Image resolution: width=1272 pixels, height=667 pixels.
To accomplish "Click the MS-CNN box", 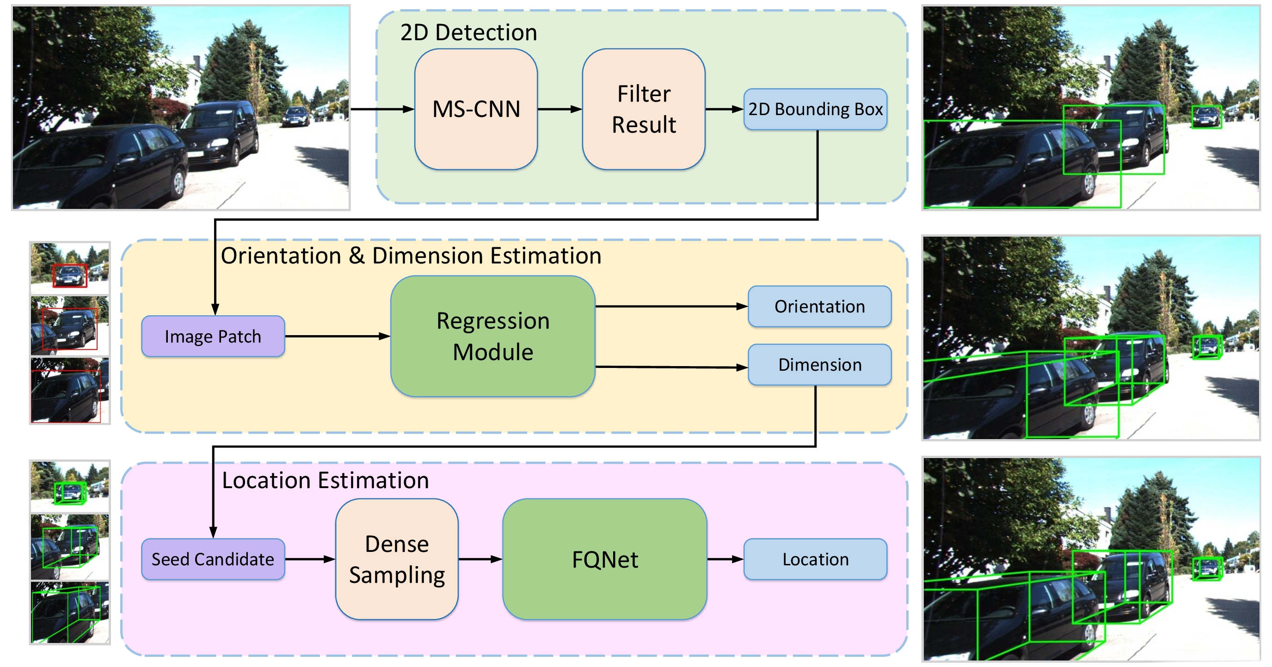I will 476,109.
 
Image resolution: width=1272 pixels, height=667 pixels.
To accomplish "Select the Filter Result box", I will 644,109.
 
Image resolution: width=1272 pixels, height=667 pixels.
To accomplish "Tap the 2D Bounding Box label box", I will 815,109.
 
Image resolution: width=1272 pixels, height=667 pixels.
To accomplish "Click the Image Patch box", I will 213,336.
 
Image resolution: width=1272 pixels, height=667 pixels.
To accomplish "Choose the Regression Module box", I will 493,336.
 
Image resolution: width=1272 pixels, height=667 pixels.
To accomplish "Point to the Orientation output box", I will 820,306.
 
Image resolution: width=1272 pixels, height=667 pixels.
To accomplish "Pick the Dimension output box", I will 820,365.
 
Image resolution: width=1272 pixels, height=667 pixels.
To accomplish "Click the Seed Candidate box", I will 213,559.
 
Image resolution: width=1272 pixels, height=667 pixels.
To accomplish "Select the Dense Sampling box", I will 397,559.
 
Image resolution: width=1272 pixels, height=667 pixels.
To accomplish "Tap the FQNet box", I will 605,559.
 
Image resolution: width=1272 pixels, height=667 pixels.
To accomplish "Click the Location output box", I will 815,559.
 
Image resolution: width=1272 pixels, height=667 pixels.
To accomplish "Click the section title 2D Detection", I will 468,32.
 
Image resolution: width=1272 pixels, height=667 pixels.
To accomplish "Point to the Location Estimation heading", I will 326,480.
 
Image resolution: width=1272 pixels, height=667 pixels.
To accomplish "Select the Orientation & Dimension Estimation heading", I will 411,256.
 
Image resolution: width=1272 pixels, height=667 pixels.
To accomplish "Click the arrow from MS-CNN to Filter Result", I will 560,109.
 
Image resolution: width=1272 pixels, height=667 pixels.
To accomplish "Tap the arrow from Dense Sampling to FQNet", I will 480,559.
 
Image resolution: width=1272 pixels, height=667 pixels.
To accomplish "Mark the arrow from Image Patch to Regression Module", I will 338,336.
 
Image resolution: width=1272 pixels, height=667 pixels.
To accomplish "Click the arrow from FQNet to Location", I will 725,559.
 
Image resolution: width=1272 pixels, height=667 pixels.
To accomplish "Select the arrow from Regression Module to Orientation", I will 671,306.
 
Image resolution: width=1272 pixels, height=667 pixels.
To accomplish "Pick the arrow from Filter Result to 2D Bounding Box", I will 725,109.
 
